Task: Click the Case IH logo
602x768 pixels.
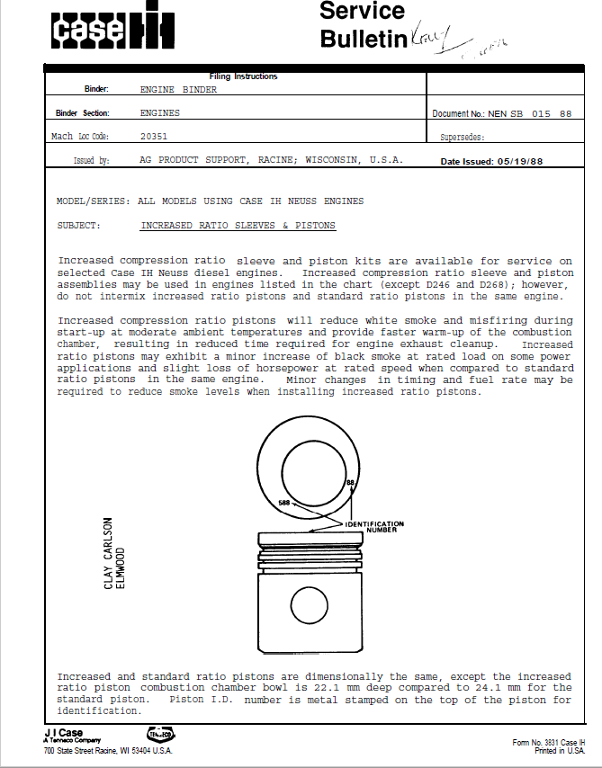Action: click(x=112, y=31)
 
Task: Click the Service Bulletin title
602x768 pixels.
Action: click(x=363, y=25)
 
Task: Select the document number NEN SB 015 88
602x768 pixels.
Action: click(x=530, y=114)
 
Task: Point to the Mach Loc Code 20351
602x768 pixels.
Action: click(x=154, y=137)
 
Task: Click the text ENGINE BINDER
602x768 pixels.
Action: click(x=178, y=90)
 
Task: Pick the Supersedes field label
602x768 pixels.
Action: click(x=462, y=138)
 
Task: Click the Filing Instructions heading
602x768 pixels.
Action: click(x=243, y=77)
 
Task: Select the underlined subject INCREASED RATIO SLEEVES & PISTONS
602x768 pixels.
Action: click(x=238, y=226)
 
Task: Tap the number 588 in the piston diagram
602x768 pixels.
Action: click(x=284, y=504)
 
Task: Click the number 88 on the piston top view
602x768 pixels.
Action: click(x=350, y=485)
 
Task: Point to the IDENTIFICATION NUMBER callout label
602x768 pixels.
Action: click(x=375, y=526)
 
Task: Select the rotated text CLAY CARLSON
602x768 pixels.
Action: click(x=109, y=553)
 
